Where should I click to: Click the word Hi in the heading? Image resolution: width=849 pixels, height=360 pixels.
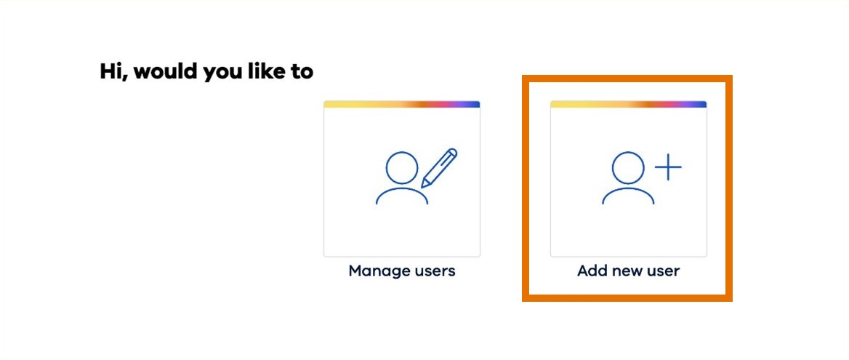click(x=113, y=72)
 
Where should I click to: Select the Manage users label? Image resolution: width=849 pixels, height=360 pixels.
click(x=402, y=271)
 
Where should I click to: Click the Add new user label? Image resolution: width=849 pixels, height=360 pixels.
click(x=628, y=271)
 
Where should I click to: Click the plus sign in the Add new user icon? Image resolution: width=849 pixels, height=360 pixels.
click(x=668, y=168)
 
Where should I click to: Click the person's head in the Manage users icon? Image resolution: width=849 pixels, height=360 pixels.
click(x=401, y=167)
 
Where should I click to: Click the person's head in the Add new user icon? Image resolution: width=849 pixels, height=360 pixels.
click(x=628, y=167)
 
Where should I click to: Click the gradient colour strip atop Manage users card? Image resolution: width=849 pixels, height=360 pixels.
click(x=402, y=104)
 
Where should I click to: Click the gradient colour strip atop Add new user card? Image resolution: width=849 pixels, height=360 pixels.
click(x=628, y=104)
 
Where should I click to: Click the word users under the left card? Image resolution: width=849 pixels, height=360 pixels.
click(x=435, y=271)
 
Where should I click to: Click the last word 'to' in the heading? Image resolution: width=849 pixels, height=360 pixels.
click(x=303, y=73)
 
